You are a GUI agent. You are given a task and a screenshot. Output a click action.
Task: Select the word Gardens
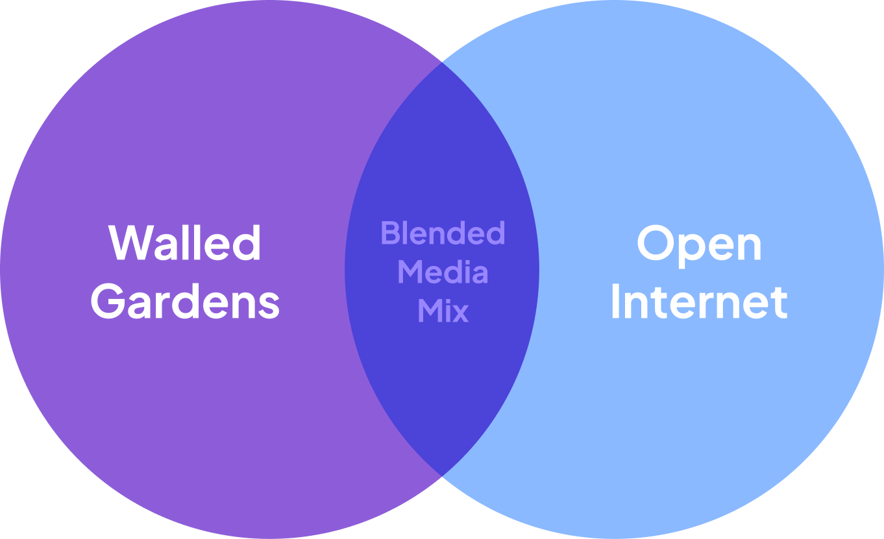185,302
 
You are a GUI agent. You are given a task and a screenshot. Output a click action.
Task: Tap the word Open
699,245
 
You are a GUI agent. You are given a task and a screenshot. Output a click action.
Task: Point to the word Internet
699,302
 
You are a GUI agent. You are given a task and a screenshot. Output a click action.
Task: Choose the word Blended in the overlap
443,233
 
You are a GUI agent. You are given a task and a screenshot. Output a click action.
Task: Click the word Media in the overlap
443,272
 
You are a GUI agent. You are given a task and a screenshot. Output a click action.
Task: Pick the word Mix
443,311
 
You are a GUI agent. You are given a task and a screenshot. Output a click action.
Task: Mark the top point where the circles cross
442,62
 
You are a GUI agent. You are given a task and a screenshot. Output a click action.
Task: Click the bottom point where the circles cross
442,476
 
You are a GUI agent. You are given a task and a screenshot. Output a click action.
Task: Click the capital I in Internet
615,302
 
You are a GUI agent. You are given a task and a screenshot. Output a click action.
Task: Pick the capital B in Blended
389,233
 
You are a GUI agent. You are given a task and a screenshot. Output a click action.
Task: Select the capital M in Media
410,272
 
